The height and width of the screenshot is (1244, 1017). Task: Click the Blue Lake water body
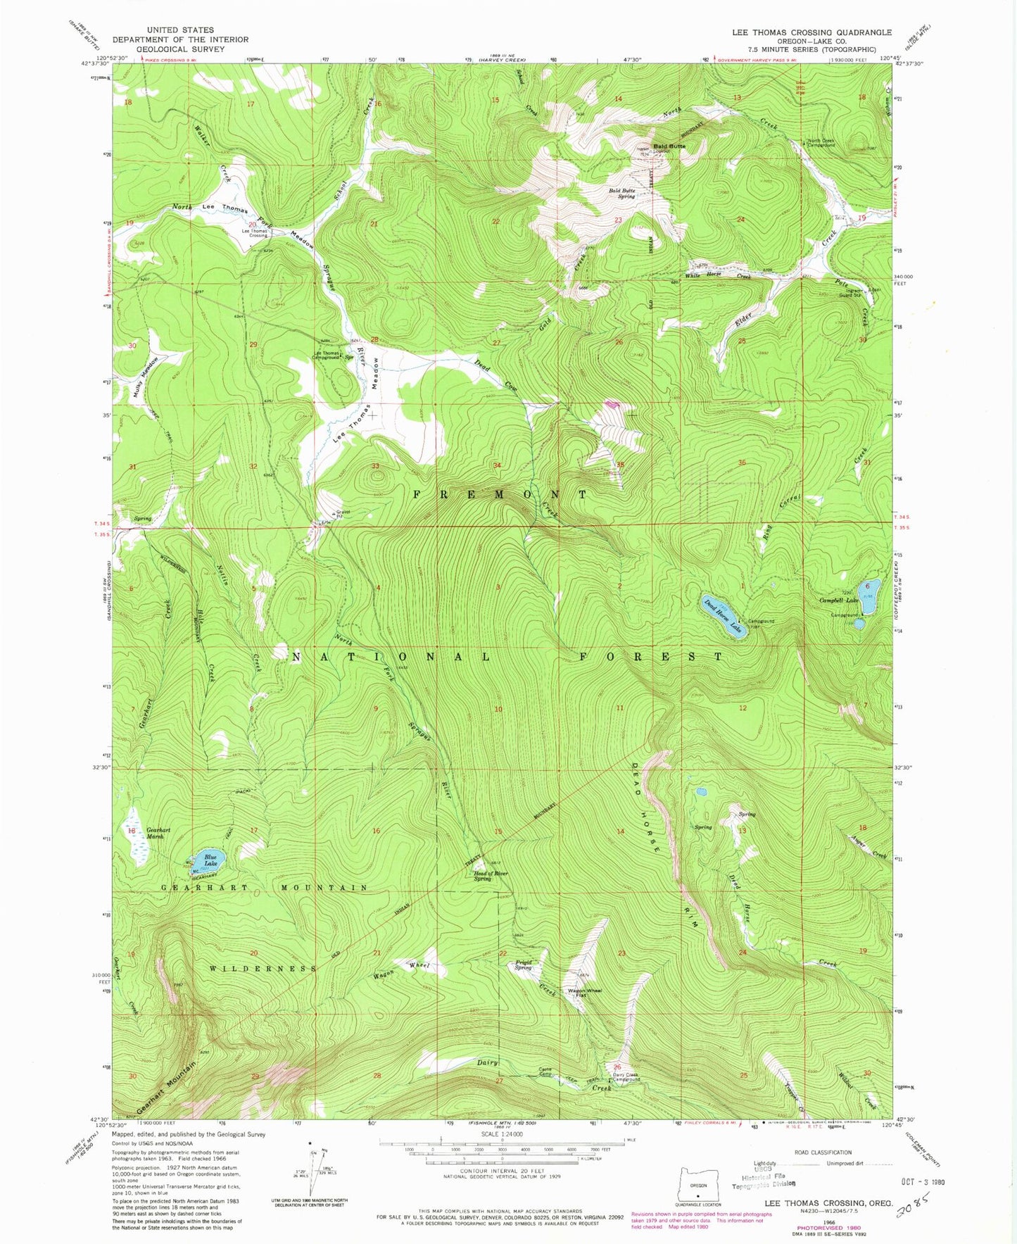point(213,859)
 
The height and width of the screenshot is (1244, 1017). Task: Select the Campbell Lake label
point(839,601)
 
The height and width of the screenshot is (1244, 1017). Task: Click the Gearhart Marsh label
point(156,833)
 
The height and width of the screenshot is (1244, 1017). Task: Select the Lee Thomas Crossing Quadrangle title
point(811,32)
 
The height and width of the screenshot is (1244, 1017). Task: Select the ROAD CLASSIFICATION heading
point(822,1153)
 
